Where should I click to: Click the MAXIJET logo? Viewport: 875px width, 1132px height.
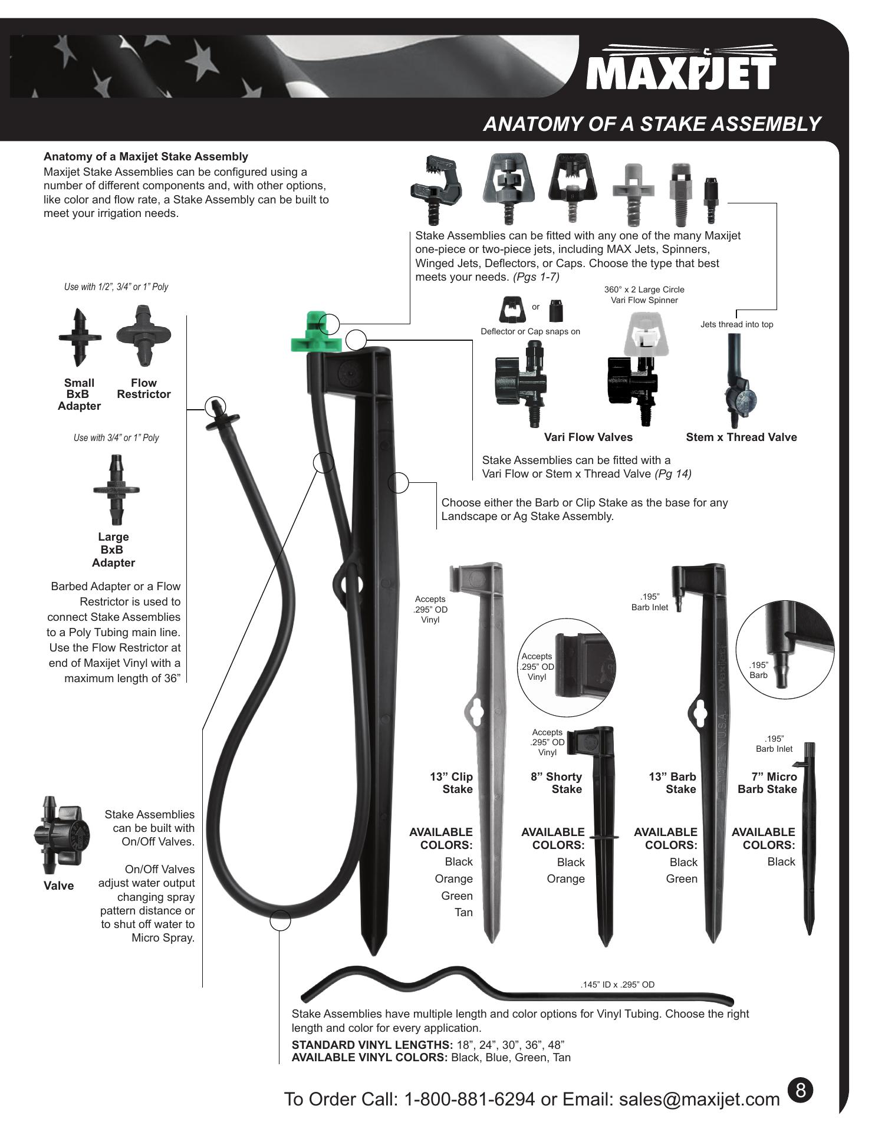pyautogui.click(x=681, y=67)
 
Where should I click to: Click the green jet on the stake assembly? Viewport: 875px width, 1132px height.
pyautogui.click(x=315, y=333)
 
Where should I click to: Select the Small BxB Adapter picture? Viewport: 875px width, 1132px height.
pyautogui.click(x=80, y=337)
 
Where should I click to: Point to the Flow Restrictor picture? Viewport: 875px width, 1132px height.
pyautogui.click(x=143, y=335)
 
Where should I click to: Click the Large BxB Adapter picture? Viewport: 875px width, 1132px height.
pyautogui.click(x=116, y=489)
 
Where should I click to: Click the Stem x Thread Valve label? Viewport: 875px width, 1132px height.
pyautogui.click(x=741, y=437)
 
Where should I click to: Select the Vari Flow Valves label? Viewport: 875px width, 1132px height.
pyautogui.click(x=588, y=437)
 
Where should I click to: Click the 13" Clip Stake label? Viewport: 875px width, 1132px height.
pyautogui.click(x=452, y=783)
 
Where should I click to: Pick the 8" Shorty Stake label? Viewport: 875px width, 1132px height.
pyautogui.click(x=556, y=783)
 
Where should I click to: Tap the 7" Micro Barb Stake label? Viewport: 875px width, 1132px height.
pyautogui.click(x=767, y=783)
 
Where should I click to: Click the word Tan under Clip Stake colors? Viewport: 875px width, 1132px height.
pyautogui.click(x=463, y=912)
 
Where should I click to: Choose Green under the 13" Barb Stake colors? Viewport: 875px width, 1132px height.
pyautogui.click(x=682, y=878)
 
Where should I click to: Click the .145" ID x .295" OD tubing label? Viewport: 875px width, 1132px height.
pyautogui.click(x=617, y=985)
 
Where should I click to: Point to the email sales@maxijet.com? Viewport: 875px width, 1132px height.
pyautogui.click(x=699, y=1099)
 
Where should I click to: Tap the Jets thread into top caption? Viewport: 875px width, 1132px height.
pyautogui.click(x=736, y=324)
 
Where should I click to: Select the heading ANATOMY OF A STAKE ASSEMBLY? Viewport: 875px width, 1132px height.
pyautogui.click(x=652, y=124)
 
